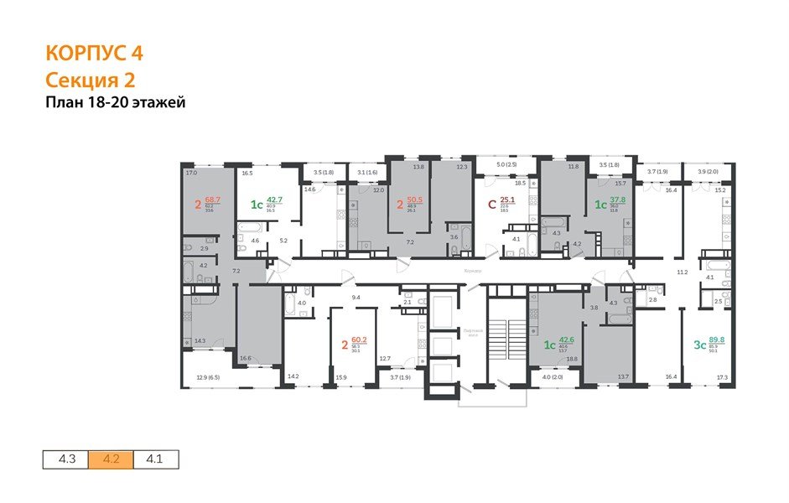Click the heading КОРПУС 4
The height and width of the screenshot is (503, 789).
point(93,54)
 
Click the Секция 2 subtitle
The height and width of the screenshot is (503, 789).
point(90,80)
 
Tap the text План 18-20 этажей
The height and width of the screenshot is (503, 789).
point(114,103)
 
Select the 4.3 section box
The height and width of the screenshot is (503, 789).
point(66,459)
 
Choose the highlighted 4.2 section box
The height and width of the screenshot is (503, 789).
point(111,459)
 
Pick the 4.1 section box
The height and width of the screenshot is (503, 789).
point(156,459)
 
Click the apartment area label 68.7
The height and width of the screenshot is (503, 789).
point(213,200)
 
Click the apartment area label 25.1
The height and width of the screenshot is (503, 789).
point(506,200)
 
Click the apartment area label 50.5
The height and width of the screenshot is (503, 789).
point(413,200)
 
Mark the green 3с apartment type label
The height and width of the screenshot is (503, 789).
point(700,344)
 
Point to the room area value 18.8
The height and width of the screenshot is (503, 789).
point(572,359)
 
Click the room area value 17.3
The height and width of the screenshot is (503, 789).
point(722,379)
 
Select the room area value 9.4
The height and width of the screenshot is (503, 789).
point(356,297)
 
